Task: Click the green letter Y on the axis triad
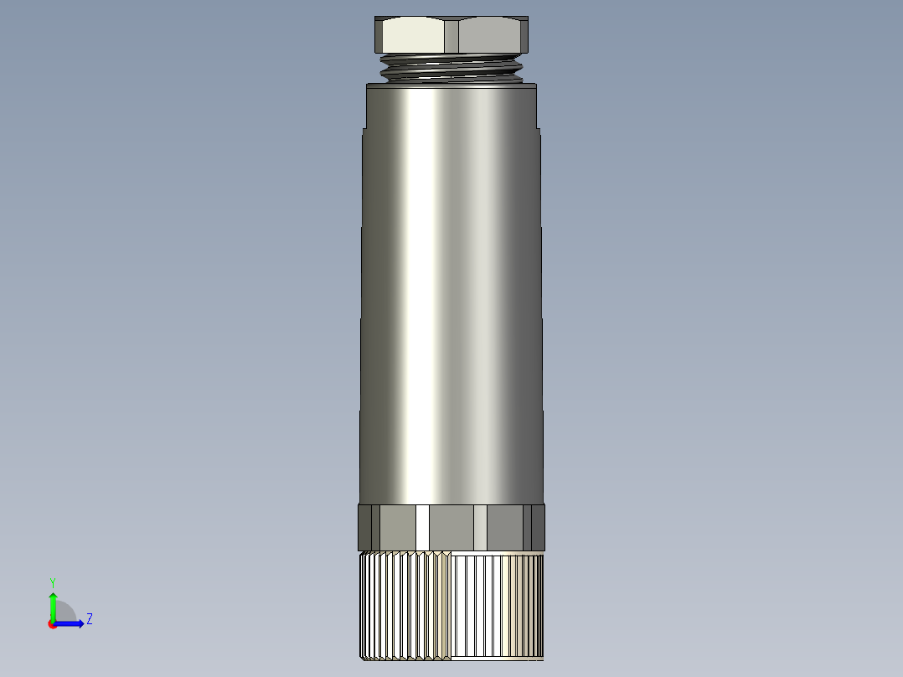pos(53,581)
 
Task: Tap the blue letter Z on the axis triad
pos(89,619)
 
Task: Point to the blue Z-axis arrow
pos(71,623)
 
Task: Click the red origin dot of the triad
pos(52,624)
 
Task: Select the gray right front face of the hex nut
pos(491,36)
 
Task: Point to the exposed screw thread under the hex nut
pos(452,67)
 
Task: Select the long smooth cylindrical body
pos(452,293)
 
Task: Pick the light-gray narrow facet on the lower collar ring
pos(481,526)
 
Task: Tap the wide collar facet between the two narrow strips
pos(452,526)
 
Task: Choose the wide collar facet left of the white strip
pos(397,526)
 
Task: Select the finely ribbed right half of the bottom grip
pos(498,607)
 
